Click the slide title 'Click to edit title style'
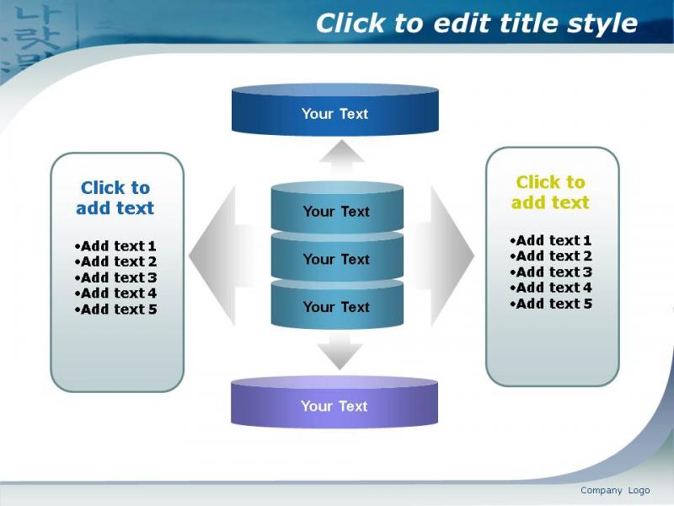coord(476,23)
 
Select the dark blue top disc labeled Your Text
coord(334,110)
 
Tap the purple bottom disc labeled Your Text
coord(334,402)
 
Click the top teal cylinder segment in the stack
coord(337,207)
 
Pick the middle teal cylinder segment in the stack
coord(337,256)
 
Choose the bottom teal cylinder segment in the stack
coord(337,304)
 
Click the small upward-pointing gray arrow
coord(342,157)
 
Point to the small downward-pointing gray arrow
coord(340,351)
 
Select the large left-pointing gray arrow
coord(223,256)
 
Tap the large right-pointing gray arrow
coord(443,256)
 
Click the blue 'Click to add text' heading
coord(115,198)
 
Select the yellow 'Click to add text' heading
coord(550,192)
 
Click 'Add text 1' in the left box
coord(115,246)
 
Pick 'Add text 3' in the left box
coord(115,277)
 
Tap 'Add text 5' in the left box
coord(115,309)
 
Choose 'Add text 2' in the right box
coord(551,256)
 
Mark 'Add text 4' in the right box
coord(551,288)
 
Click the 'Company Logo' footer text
coord(615,491)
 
